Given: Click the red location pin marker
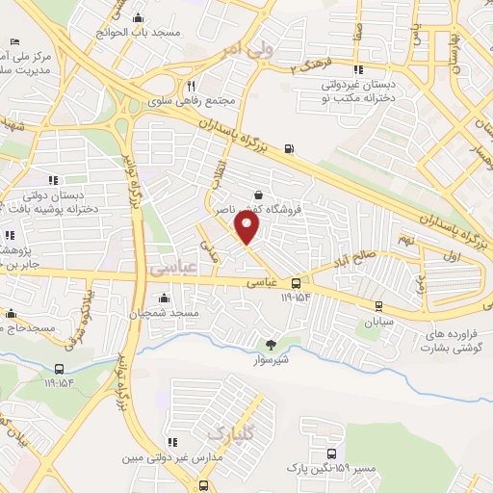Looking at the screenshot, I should click(248, 228).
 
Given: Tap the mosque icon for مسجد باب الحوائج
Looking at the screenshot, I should click(140, 17).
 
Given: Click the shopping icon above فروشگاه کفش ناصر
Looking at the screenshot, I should click(258, 195).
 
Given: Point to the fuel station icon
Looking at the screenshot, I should click(291, 148).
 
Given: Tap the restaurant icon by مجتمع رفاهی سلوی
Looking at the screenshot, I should click(192, 85).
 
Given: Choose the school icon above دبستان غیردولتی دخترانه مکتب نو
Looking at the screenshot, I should click(358, 69).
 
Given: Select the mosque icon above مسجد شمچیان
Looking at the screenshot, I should click(165, 298).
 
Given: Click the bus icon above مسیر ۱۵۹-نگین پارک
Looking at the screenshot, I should click(332, 453).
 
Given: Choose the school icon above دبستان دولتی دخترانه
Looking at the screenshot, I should click(53, 180).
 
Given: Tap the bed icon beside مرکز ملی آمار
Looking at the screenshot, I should click(14, 42).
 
